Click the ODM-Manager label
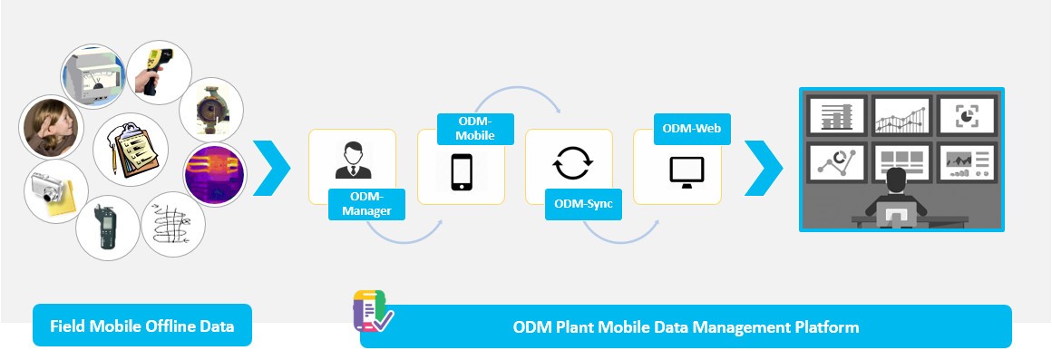coord(367,205)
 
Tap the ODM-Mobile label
coord(475,129)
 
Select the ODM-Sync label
coord(583,204)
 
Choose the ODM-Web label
coord(691,129)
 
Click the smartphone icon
coord(462,171)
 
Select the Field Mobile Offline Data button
coord(142,326)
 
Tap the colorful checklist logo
coord(372,312)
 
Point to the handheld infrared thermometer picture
coord(158,71)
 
